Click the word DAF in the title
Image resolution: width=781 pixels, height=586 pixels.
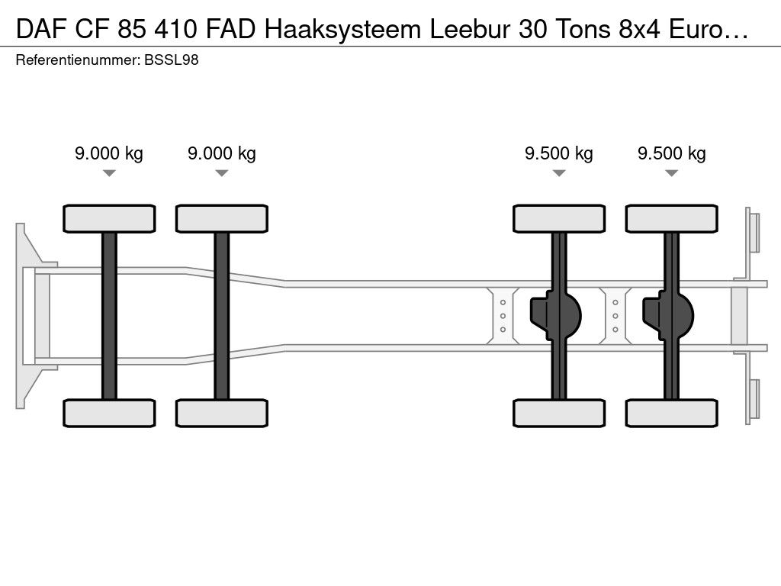tap(41, 30)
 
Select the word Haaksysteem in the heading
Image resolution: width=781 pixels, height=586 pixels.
tap(342, 30)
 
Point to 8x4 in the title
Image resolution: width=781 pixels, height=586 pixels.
tap(639, 30)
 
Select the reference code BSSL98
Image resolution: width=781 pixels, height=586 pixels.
tap(172, 60)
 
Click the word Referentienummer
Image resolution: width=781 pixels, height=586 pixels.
tap(78, 60)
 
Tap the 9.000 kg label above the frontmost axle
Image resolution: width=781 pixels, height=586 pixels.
tap(109, 153)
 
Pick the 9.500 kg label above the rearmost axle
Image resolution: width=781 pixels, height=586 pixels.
tap(671, 153)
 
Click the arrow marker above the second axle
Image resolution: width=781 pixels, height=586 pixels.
tap(222, 173)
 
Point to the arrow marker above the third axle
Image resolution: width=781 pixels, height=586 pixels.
tap(559, 173)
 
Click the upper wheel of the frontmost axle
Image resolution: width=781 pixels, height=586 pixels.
tap(109, 219)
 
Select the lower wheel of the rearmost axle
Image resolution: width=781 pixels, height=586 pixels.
tap(671, 413)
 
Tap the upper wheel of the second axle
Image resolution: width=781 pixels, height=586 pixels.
tap(222, 219)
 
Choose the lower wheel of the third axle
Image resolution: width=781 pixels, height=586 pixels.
tap(559, 413)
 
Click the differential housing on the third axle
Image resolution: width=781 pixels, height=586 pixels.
tap(555, 316)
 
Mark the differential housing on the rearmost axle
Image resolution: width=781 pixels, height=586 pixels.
tap(668, 316)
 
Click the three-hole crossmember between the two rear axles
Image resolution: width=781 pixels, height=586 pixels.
tap(615, 316)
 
